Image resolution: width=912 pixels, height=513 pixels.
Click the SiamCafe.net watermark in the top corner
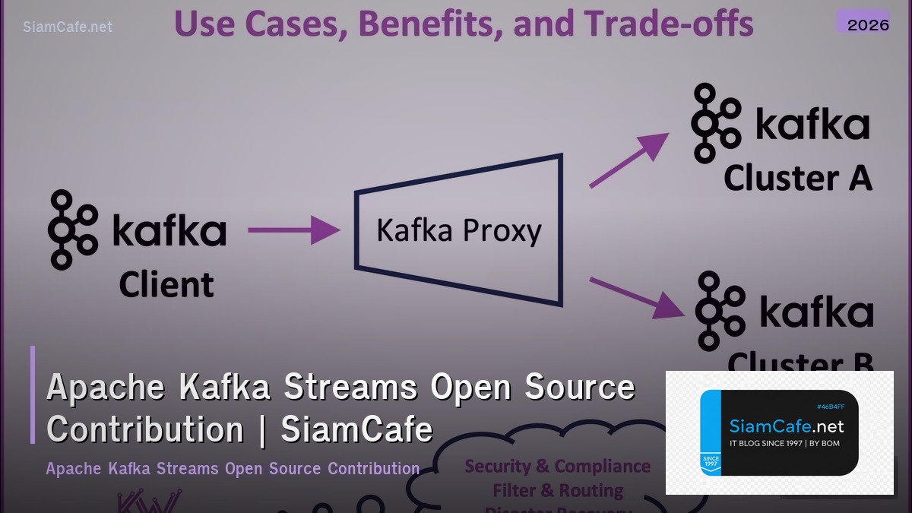[68, 27]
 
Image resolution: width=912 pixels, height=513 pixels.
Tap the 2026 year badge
[868, 24]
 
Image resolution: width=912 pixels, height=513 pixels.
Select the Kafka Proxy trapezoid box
[459, 230]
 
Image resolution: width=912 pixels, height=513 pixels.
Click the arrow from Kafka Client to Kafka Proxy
[293, 230]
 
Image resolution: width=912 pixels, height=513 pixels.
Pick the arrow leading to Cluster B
[635, 297]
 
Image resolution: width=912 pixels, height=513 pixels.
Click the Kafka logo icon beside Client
[73, 230]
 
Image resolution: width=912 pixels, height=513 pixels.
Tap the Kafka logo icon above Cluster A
[715, 123]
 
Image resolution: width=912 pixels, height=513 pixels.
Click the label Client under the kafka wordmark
[166, 285]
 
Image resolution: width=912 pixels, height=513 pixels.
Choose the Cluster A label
[797, 178]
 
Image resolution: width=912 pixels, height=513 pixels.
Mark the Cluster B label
[800, 362]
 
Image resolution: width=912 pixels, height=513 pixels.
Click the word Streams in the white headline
[350, 388]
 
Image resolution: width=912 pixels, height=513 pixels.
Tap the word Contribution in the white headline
[145, 429]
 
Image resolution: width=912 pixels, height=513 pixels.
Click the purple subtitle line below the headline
[233, 468]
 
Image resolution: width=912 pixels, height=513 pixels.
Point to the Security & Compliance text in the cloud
[557, 466]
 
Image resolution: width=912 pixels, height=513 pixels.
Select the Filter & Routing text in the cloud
[558, 490]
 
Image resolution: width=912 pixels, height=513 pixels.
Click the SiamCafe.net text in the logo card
[787, 426]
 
